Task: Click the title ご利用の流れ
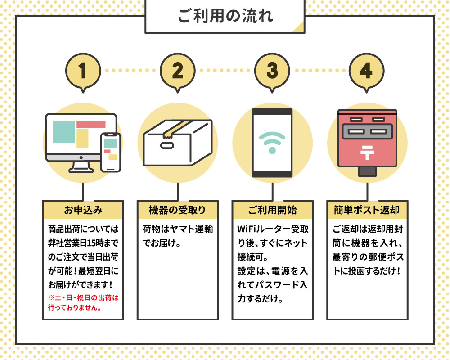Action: tap(225, 17)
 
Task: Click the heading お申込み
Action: tap(83, 210)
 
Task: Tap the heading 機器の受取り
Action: tap(177, 210)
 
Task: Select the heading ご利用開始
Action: tap(272, 210)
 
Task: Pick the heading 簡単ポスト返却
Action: tap(367, 210)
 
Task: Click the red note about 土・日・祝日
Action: tap(82, 302)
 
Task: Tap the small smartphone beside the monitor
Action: tap(111, 152)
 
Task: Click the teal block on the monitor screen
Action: tap(64, 132)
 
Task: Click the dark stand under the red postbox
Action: tap(367, 171)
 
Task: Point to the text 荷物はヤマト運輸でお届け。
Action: tap(177, 237)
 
